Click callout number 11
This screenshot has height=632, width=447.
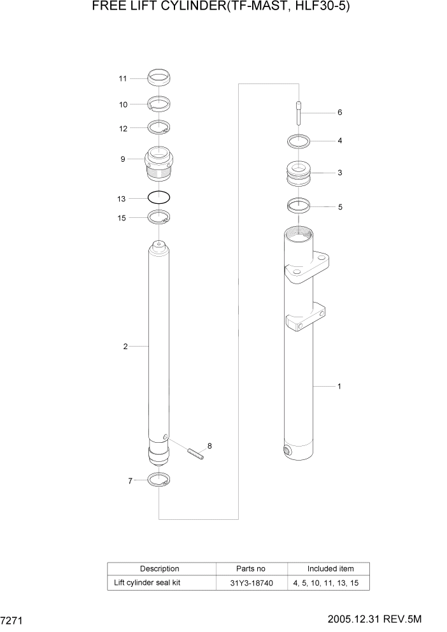[x=122, y=79]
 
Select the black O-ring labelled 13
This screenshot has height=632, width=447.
[x=159, y=197]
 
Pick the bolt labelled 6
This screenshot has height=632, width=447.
[x=298, y=113]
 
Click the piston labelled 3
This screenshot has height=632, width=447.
[x=299, y=173]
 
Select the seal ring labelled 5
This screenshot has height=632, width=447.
[x=298, y=206]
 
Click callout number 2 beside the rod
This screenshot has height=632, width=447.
[x=125, y=347]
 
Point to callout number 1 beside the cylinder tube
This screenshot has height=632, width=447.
[x=339, y=386]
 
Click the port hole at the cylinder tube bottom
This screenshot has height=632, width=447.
[x=287, y=451]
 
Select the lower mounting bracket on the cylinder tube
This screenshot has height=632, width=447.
[x=306, y=318]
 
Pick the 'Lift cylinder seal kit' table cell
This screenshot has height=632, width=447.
[x=148, y=583]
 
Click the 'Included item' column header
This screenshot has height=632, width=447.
[x=330, y=568]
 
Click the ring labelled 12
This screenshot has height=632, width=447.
[x=159, y=128]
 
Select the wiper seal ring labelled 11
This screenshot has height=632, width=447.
[x=159, y=78]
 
